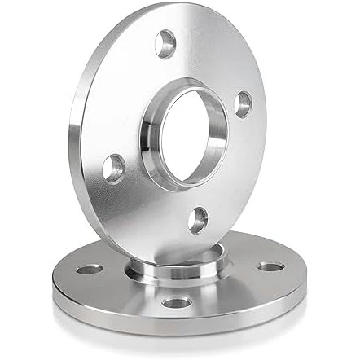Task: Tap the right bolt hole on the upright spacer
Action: coord(243,103)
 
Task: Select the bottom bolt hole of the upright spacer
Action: coord(197,218)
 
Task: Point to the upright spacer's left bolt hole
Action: coord(114,167)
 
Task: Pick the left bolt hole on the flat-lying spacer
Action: coord(86,267)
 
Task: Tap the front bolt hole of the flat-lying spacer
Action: coord(176,304)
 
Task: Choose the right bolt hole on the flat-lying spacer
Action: coord(270,267)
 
